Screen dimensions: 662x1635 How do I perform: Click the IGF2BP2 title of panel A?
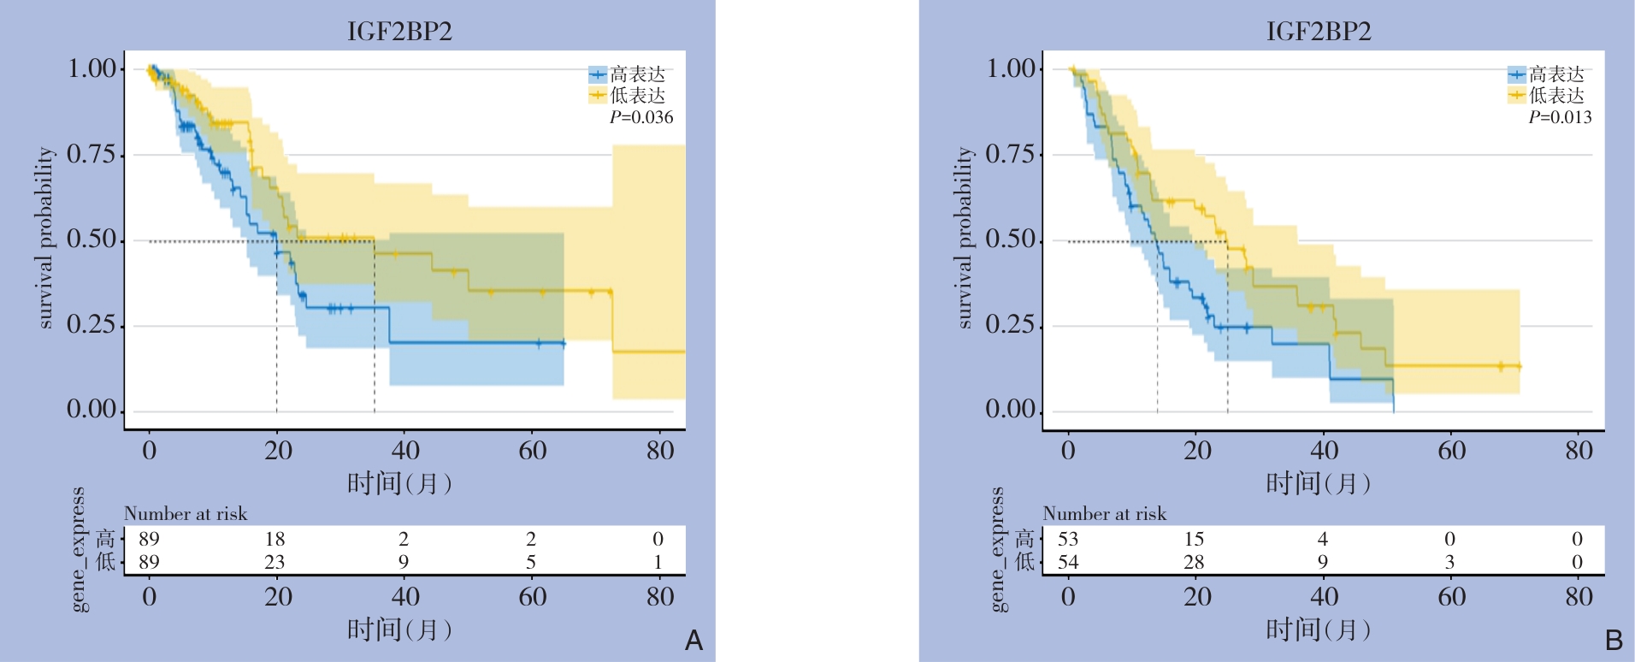pyautogui.click(x=399, y=32)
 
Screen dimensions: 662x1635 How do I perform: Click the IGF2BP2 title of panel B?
pyautogui.click(x=1319, y=32)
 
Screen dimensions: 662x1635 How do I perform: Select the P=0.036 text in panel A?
pyautogui.click(x=641, y=117)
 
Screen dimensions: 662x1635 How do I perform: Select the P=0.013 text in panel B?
pyautogui.click(x=1561, y=117)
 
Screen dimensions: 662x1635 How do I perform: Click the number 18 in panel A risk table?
pyautogui.click(x=274, y=539)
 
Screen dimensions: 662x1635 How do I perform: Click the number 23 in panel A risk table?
pyautogui.click(x=274, y=562)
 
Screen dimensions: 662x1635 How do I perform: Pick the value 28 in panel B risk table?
pyautogui.click(x=1194, y=562)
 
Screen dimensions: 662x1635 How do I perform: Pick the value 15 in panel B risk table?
pyautogui.click(x=1194, y=539)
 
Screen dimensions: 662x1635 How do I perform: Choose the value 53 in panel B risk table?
pyautogui.click(x=1068, y=539)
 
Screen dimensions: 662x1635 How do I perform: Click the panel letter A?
pyautogui.click(x=694, y=640)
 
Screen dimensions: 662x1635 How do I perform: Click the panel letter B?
pyautogui.click(x=1614, y=640)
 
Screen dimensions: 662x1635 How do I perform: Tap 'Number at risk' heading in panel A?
pyautogui.click(x=186, y=513)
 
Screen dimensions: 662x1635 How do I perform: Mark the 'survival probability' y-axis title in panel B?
pyautogui.click(x=965, y=238)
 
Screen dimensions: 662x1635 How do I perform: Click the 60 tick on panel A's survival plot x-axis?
pyautogui.click(x=533, y=451)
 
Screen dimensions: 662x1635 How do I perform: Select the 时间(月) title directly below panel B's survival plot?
pyautogui.click(x=1318, y=484)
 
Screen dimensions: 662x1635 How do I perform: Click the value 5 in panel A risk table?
pyautogui.click(x=531, y=562)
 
